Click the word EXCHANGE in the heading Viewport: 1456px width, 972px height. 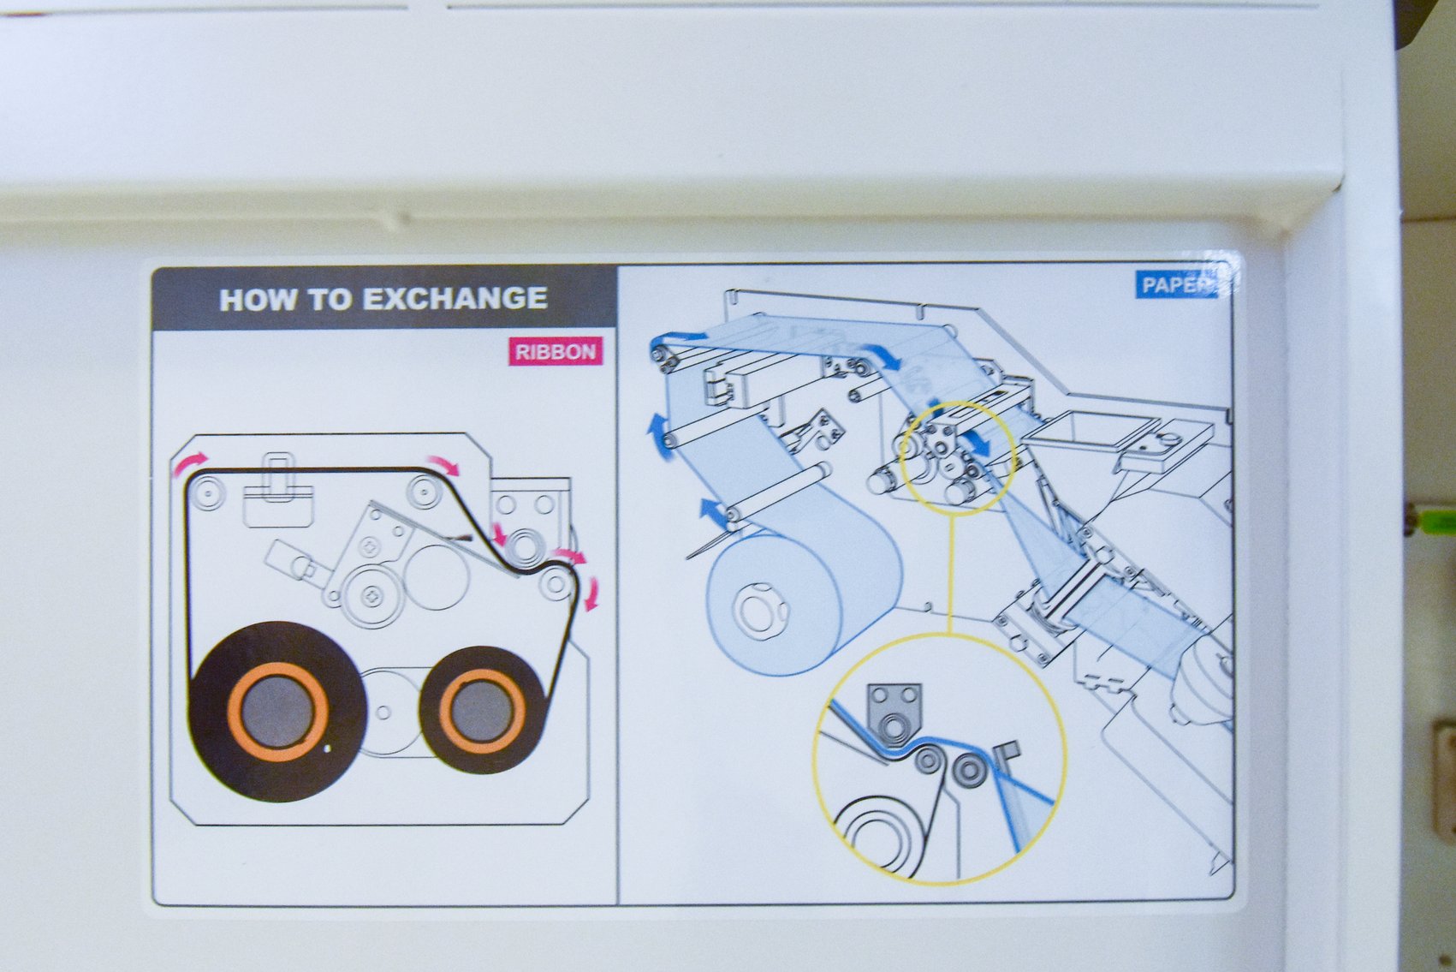point(455,298)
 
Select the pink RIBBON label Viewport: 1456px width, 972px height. point(556,352)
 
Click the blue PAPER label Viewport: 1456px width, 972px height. point(1176,285)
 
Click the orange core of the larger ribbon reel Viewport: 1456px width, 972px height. point(278,712)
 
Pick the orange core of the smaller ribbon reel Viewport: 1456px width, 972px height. point(482,711)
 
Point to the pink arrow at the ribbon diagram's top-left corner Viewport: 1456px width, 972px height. point(190,464)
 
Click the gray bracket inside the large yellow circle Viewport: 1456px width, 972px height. point(894,714)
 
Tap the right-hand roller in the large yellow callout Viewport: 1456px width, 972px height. point(970,771)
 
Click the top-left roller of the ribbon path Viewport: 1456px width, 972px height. point(207,492)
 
